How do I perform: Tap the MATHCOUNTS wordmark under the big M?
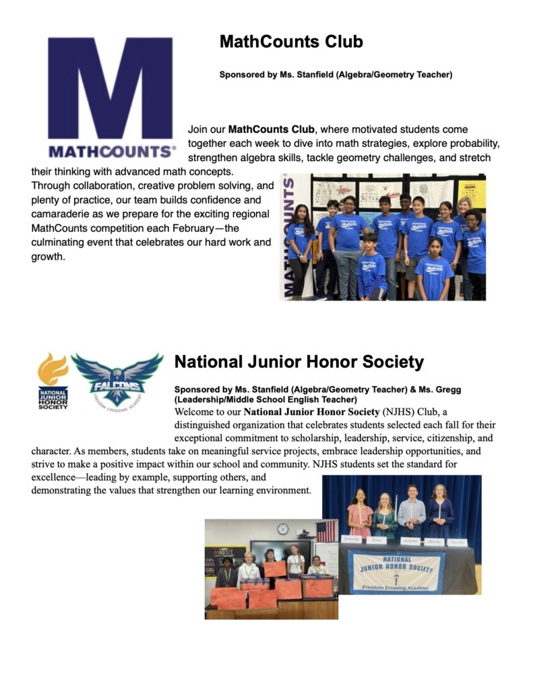[x=111, y=150]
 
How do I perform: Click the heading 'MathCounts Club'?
[x=291, y=42]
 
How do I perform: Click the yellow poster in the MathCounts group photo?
[x=472, y=193]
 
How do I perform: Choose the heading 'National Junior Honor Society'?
[x=299, y=363]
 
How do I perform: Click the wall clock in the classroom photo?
[x=283, y=529]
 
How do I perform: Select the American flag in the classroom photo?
[x=326, y=531]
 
